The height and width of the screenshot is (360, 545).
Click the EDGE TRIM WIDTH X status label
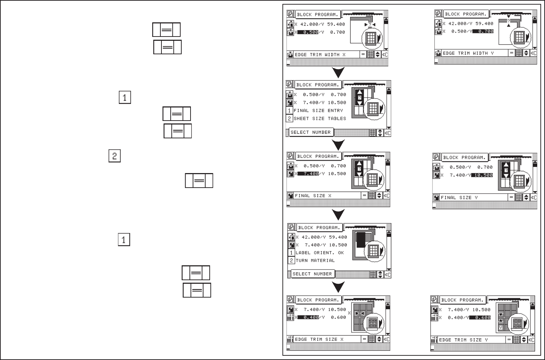point(320,55)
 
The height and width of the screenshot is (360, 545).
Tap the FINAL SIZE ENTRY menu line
point(318,111)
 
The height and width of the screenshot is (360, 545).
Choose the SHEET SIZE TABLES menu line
point(319,118)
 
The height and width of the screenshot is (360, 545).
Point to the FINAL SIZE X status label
point(313,195)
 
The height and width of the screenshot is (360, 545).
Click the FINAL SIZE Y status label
point(459,198)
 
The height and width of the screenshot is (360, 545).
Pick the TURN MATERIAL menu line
point(315,260)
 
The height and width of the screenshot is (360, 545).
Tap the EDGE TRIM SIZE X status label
point(319,339)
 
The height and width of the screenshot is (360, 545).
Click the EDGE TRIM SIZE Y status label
point(463,340)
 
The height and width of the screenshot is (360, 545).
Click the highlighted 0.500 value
point(308,32)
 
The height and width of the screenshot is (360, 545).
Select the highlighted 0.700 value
point(483,31)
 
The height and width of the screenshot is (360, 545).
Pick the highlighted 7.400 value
point(308,174)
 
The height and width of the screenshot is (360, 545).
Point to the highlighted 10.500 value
point(482,175)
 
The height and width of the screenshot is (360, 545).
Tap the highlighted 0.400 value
point(308,317)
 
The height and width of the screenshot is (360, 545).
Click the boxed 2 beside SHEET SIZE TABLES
point(290,118)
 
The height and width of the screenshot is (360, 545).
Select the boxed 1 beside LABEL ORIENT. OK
point(291,253)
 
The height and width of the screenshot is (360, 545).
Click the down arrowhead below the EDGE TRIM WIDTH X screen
point(339,73)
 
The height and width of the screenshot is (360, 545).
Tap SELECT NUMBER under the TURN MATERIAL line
point(312,274)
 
